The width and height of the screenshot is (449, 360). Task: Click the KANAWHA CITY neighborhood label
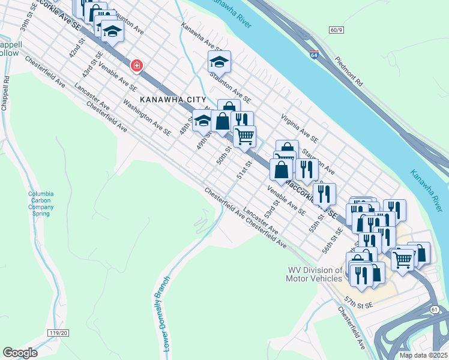point(173,100)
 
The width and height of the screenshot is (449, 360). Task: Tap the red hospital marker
point(137,65)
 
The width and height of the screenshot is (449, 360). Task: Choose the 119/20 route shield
point(58,332)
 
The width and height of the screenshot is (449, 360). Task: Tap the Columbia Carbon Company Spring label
point(41,203)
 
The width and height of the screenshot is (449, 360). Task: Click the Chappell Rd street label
point(5,93)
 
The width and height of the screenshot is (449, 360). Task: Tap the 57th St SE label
point(359,301)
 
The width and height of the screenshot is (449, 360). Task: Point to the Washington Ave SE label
point(147,114)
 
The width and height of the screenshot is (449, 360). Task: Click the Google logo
point(20,352)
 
